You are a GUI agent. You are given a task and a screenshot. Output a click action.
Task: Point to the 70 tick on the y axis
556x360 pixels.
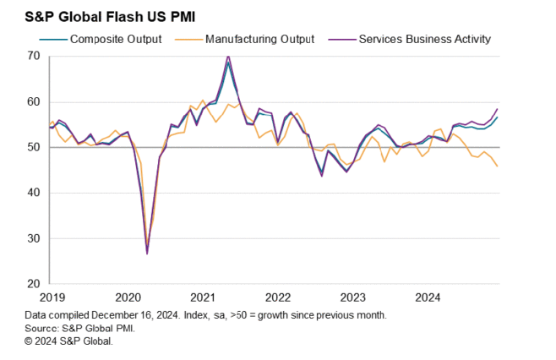(34, 56)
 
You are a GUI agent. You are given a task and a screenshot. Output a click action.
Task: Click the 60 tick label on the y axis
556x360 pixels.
(34, 101)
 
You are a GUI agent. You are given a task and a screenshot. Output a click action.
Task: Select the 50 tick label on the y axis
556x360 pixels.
(34, 147)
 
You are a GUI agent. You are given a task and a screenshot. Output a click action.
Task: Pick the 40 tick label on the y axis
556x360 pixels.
(34, 193)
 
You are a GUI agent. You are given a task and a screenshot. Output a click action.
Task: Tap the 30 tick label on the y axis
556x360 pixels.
(34, 238)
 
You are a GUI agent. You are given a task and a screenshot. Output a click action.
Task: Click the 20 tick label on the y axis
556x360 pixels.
(34, 284)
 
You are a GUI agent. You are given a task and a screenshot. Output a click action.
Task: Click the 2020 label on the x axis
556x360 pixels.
(126, 297)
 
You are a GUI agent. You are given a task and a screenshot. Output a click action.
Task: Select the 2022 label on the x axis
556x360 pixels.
(277, 297)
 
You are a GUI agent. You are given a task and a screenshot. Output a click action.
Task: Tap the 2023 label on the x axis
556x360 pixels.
(352, 297)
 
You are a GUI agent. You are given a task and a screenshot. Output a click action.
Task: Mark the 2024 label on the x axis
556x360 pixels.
(428, 297)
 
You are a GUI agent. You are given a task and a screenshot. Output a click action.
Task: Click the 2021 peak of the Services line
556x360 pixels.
(228, 57)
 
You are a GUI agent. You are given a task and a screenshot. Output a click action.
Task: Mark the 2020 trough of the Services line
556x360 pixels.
(147, 254)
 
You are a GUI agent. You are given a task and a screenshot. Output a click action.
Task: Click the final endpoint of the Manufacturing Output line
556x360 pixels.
(497, 166)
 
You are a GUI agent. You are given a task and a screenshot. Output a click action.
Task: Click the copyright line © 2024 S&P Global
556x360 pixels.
(68, 341)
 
